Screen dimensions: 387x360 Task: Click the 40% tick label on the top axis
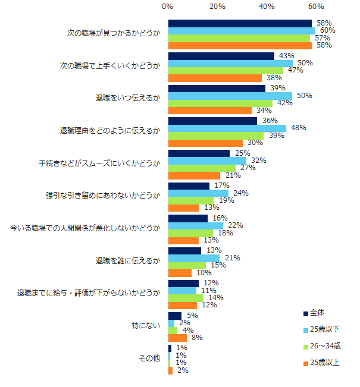267,7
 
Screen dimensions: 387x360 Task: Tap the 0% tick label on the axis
168,7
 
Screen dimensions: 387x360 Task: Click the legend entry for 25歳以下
323,329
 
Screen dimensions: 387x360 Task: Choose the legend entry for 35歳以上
323,362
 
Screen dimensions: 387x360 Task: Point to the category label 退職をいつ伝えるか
128,98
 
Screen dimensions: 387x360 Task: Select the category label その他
149,358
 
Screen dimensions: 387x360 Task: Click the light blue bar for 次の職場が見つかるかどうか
242,30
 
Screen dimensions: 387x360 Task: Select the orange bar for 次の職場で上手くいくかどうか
215,78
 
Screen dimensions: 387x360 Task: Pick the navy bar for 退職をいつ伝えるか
217,88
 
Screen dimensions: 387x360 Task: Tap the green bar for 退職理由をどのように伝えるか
216,136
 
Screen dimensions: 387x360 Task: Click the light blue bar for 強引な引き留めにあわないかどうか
198,193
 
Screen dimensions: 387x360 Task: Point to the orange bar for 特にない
177,338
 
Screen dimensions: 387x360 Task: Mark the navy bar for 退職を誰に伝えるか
184,250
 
